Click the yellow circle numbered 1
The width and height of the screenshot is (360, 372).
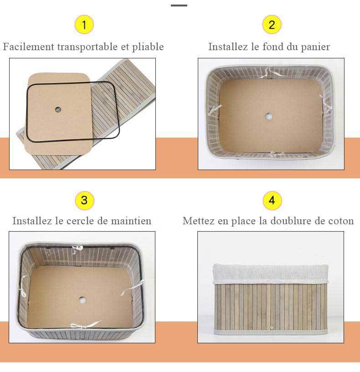pyautogui.click(x=84, y=25)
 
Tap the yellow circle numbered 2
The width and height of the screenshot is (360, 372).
pyautogui.click(x=272, y=25)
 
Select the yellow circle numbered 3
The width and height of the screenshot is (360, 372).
pyautogui.click(x=84, y=200)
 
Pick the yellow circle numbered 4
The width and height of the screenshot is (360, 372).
pyautogui.click(x=272, y=200)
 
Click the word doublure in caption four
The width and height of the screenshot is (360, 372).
pyautogui.click(x=289, y=221)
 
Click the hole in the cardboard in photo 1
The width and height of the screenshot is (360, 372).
pyautogui.click(x=58, y=109)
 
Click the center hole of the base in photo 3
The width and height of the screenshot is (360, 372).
pyautogui.click(x=82, y=300)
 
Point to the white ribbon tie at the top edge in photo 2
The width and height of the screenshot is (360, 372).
pyautogui.click(x=275, y=72)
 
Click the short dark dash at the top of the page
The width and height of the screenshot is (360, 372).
pyautogui.click(x=179, y=5)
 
